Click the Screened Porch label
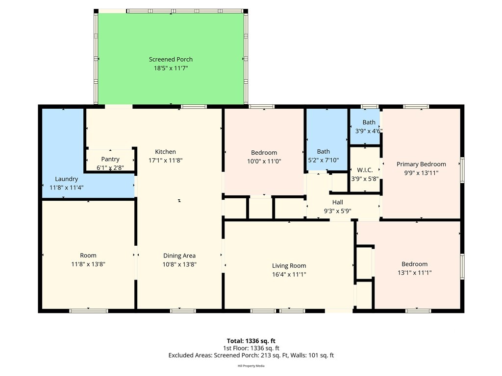click(x=171, y=59)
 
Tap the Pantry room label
click(x=110, y=159)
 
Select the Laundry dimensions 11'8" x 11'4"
click(x=67, y=188)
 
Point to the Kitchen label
click(x=165, y=152)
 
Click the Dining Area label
click(x=179, y=256)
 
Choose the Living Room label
click(x=289, y=266)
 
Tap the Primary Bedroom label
click(x=421, y=164)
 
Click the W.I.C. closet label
click(x=365, y=170)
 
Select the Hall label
click(x=337, y=202)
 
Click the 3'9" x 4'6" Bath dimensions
click(x=369, y=131)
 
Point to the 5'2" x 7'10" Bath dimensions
click(x=324, y=160)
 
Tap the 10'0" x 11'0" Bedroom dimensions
click(x=264, y=162)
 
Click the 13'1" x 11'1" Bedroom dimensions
click(x=415, y=273)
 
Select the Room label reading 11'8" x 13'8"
click(x=88, y=256)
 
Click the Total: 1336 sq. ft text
click(x=251, y=341)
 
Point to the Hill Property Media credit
click(x=251, y=366)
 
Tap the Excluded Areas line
click(x=251, y=355)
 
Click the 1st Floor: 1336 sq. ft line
click(x=251, y=348)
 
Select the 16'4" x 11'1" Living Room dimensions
click(x=289, y=274)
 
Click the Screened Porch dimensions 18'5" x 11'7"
click(x=171, y=68)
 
